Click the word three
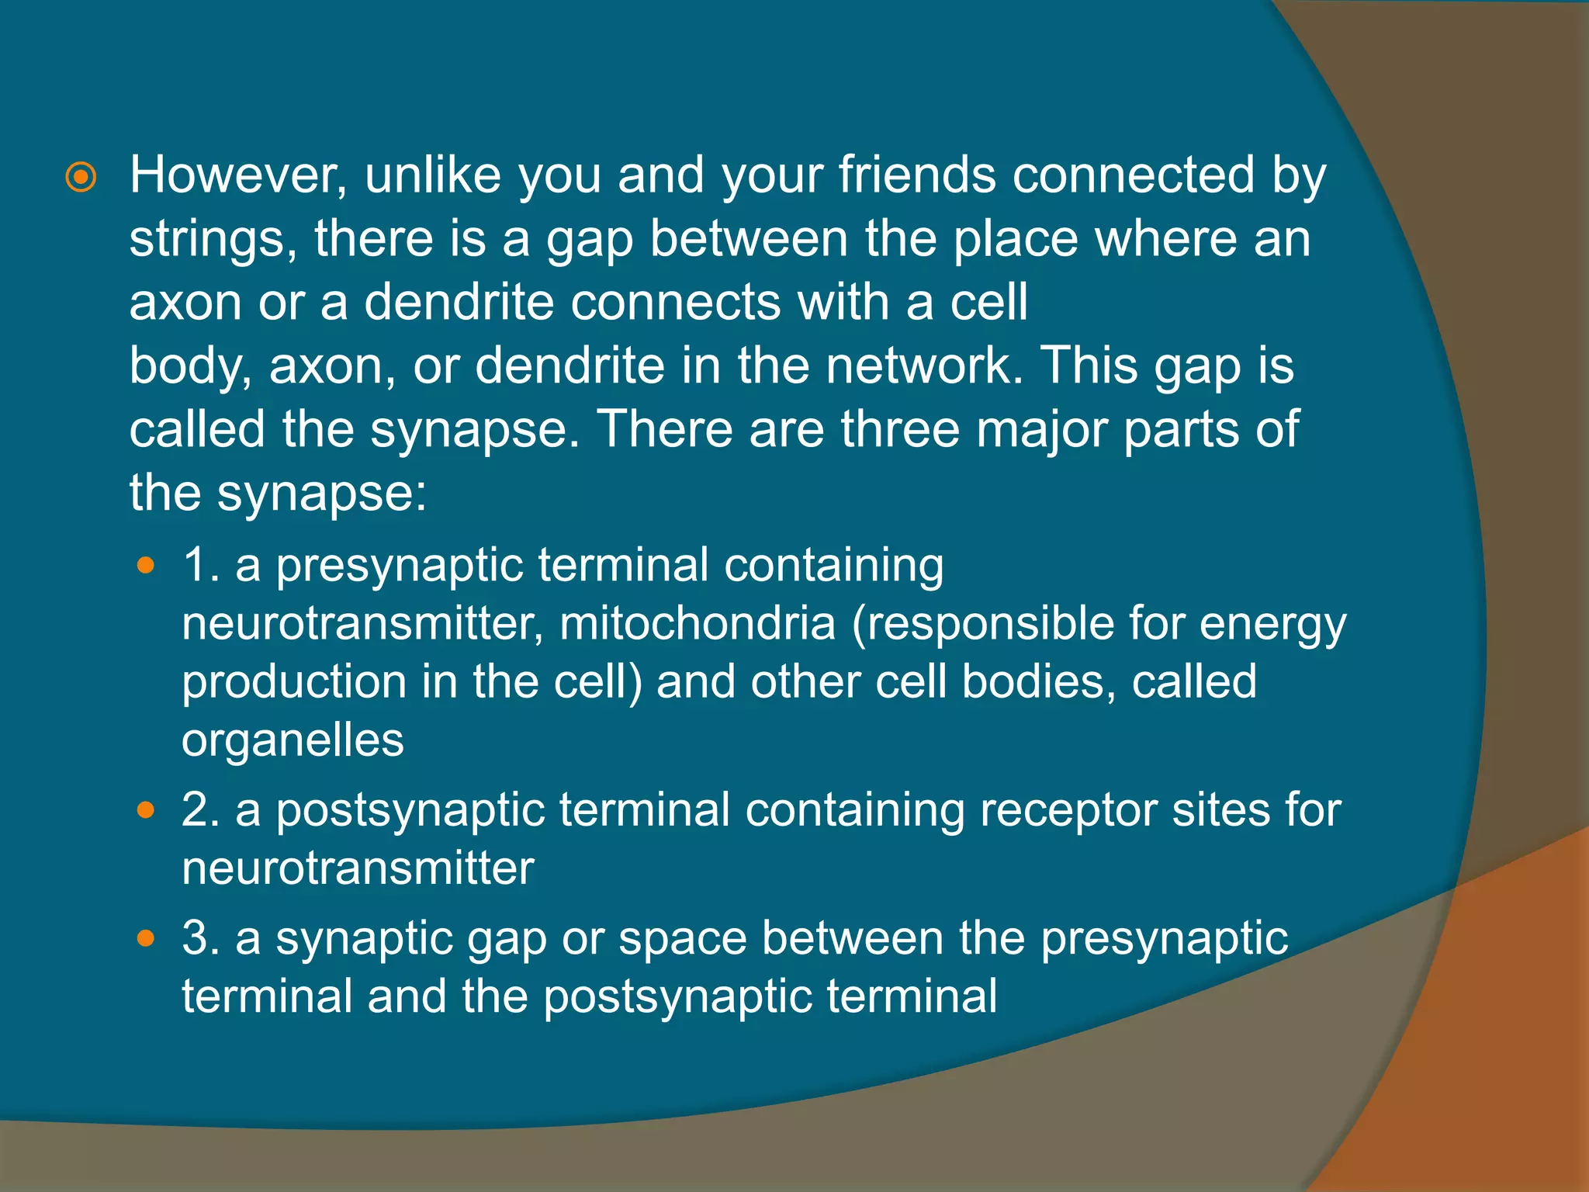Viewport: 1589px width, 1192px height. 901,429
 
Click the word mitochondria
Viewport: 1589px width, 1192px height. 698,623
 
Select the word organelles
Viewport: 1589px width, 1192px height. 293,740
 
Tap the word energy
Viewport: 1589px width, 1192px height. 1272,625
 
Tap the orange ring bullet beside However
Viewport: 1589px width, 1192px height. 81,178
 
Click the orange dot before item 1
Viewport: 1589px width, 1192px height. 145,567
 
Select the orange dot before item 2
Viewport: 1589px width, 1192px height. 145,811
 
